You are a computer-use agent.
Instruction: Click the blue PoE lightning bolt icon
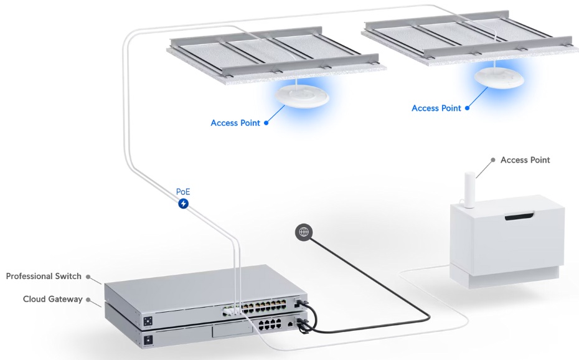coord(183,204)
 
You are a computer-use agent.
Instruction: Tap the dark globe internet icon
coord(304,232)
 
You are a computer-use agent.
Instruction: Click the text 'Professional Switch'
coord(44,276)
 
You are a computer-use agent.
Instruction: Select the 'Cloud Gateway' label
coord(52,299)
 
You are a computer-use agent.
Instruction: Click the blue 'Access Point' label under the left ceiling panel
coord(235,123)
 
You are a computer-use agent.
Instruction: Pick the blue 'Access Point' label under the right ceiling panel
coord(436,108)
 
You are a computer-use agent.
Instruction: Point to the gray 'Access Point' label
coord(525,160)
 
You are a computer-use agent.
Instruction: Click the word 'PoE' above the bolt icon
coord(183,191)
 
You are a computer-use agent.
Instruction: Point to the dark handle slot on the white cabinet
coord(519,217)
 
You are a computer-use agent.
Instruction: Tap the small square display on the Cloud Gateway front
coord(149,340)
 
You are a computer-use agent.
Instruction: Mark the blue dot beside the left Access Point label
coord(266,123)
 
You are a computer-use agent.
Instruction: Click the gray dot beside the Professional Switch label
coord(88,276)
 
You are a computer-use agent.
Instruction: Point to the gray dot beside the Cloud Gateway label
coord(88,299)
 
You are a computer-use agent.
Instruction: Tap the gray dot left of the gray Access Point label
coord(492,160)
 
